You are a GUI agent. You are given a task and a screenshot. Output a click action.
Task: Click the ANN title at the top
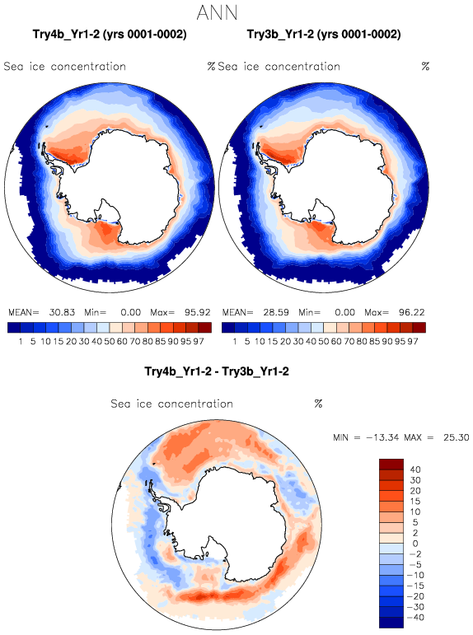217,13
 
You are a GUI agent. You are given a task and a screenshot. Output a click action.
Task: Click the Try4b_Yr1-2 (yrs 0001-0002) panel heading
110,35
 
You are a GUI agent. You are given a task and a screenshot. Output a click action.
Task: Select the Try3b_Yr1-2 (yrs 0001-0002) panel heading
324,35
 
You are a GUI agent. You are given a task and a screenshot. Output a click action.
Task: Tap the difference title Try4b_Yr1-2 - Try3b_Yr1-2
217,371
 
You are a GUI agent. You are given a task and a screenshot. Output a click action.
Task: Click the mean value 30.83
62,312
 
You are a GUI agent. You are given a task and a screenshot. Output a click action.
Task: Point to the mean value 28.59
276,312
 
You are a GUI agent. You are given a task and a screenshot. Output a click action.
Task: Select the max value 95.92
198,312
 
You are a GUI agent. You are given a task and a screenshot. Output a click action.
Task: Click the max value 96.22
411,312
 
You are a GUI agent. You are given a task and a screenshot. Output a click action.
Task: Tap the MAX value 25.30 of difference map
456,437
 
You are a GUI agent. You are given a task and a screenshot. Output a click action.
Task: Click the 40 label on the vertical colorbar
415,469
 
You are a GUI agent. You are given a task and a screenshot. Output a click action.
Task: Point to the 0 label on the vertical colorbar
415,544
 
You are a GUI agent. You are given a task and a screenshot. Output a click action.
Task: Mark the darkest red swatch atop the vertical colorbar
391,464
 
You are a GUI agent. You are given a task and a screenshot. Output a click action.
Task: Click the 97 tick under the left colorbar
199,342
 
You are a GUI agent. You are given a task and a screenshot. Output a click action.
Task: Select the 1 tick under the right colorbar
235,342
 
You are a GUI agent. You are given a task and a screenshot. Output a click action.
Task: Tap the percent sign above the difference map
318,404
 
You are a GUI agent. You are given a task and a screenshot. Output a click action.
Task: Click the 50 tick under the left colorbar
110,342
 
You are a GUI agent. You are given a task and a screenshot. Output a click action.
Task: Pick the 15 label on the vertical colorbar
415,502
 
